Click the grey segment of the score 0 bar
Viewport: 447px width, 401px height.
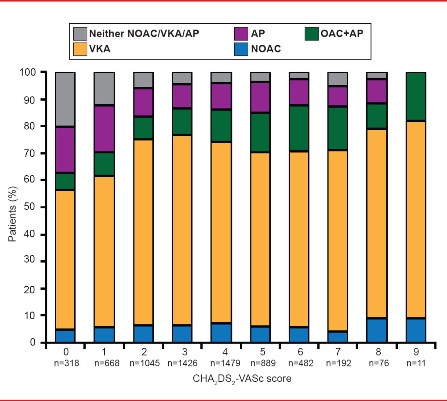[x=65, y=99]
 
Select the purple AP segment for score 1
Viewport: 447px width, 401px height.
[x=104, y=128]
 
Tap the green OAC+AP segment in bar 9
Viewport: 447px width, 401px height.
[x=416, y=96]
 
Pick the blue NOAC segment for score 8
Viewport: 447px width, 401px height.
[x=376, y=330]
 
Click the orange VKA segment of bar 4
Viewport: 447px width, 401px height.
[x=221, y=232]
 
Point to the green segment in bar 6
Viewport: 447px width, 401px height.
[x=299, y=128]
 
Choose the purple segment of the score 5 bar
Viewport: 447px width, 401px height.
[x=260, y=97]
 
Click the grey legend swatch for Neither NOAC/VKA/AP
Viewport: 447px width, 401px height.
[x=80, y=34]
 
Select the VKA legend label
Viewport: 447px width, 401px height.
[x=100, y=49]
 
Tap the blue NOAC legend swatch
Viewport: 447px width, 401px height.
[x=241, y=49]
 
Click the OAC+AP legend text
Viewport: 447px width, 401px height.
[x=342, y=34]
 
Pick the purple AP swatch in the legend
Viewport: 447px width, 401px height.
[x=241, y=34]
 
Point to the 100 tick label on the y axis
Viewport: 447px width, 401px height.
[x=28, y=72]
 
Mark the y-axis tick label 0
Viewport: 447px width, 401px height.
[x=32, y=342]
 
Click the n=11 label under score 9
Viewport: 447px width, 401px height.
[x=416, y=363]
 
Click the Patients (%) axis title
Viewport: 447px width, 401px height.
[x=13, y=214]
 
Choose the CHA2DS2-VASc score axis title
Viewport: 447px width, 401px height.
[x=242, y=379]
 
